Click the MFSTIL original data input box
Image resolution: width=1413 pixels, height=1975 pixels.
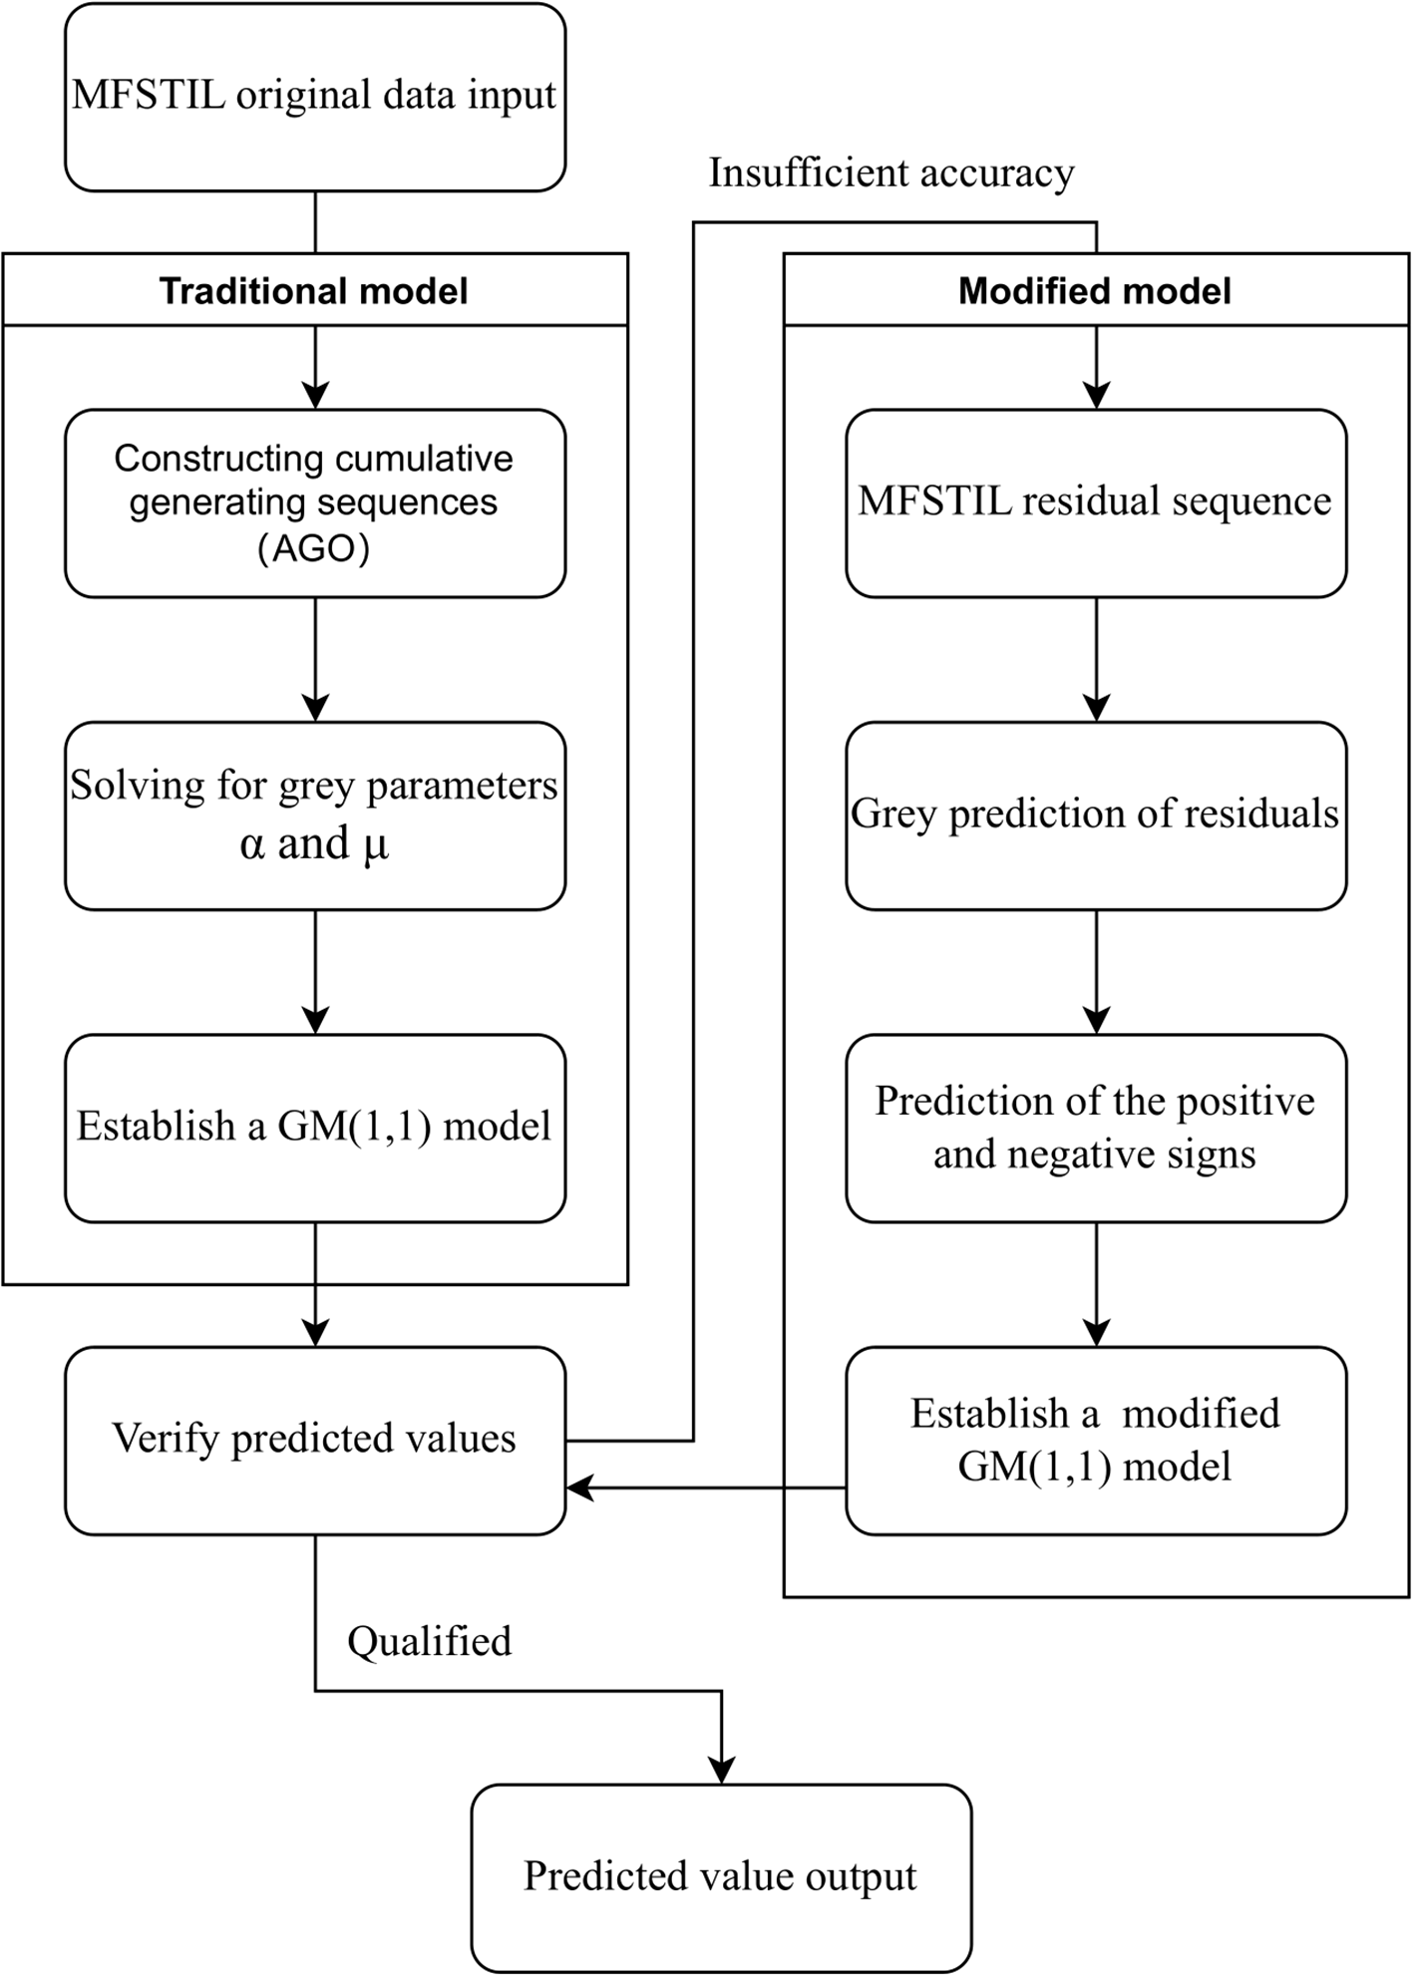(315, 97)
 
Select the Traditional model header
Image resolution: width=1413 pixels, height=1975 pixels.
(315, 289)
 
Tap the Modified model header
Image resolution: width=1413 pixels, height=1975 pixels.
(1096, 289)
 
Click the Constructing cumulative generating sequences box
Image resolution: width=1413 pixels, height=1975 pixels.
(315, 503)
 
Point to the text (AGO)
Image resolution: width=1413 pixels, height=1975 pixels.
(314, 548)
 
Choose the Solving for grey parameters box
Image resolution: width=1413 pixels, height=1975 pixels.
(315, 816)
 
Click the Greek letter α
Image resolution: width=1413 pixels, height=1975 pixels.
(252, 844)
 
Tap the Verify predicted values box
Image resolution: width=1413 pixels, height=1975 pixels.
(315, 1441)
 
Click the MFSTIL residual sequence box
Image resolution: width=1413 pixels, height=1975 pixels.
(1096, 503)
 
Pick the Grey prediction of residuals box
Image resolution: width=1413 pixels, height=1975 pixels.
(1096, 816)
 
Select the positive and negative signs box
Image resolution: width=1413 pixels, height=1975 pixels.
(1096, 1129)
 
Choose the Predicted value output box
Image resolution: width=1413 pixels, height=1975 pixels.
(721, 1878)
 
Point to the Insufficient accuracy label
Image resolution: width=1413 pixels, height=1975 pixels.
(891, 173)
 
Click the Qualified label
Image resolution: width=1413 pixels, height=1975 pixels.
(430, 1641)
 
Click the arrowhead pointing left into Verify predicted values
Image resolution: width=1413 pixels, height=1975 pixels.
(580, 1488)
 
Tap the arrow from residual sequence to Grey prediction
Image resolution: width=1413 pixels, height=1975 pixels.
(1096, 660)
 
